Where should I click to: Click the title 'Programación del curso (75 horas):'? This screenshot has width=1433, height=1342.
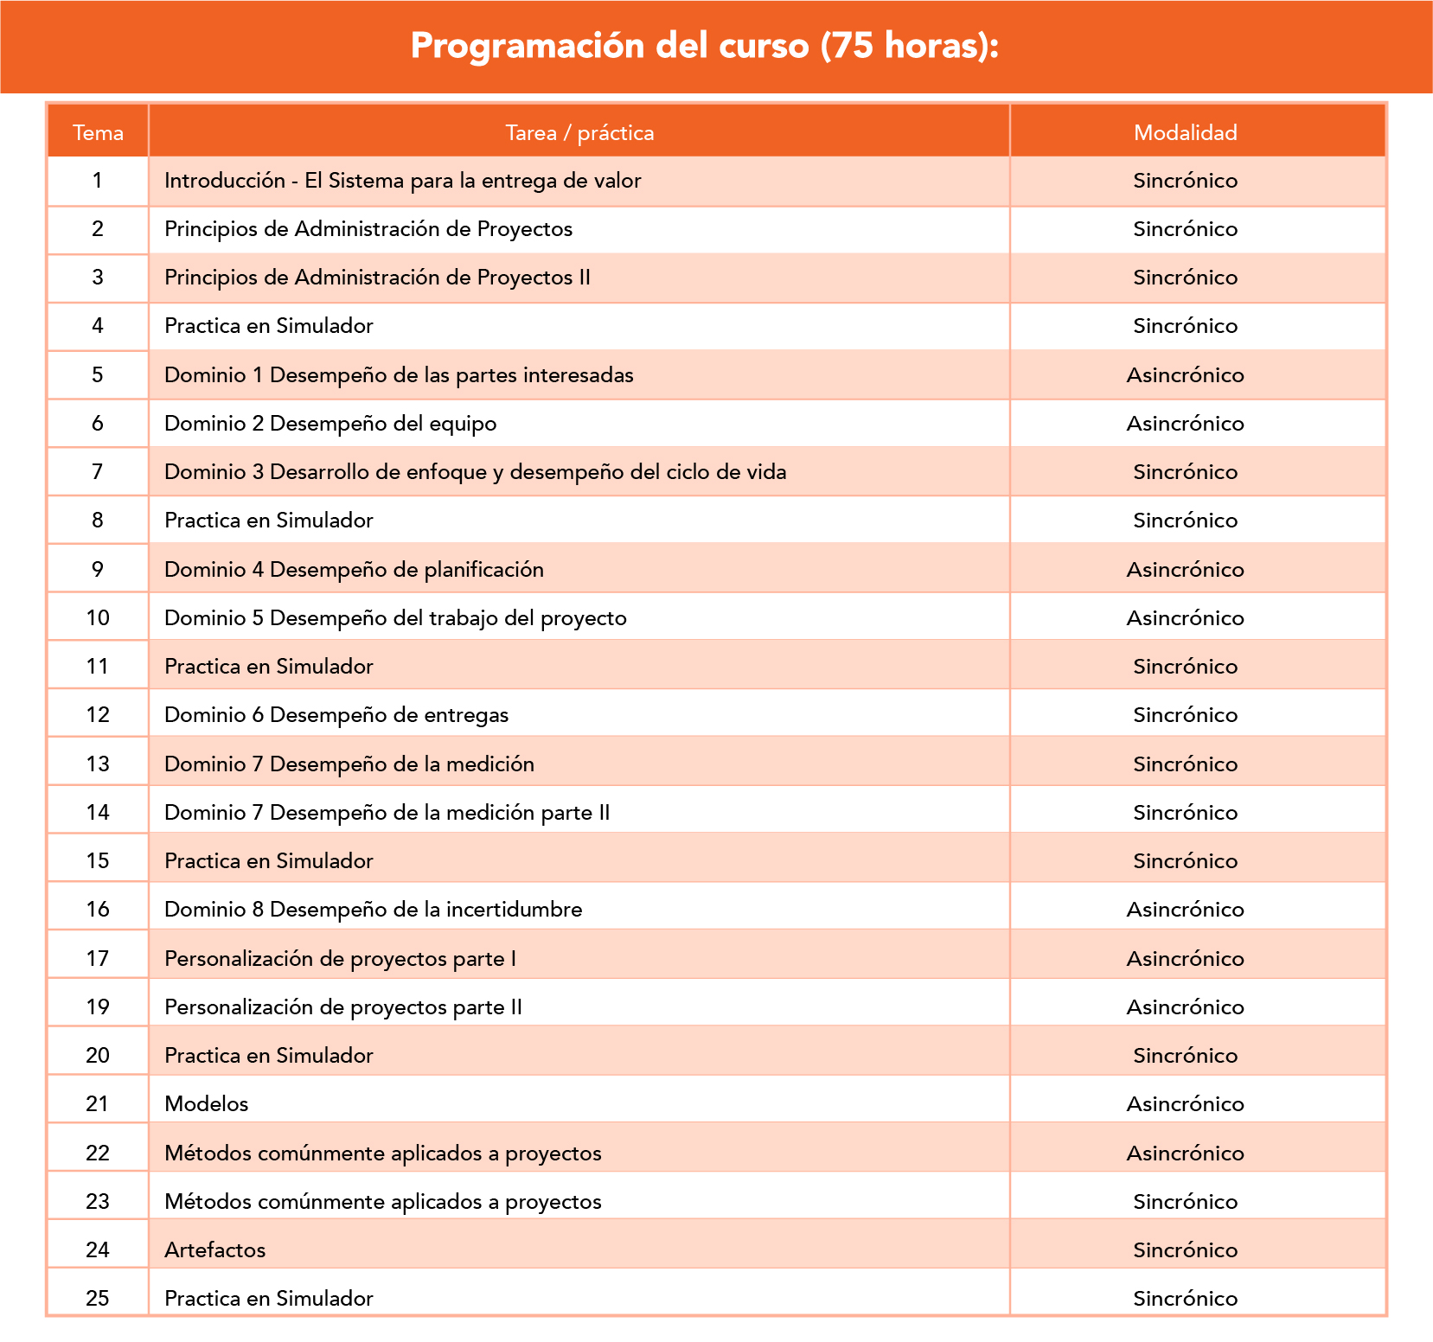click(x=704, y=46)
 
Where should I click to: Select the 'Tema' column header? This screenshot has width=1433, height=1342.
click(x=98, y=132)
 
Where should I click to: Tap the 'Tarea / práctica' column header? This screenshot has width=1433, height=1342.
click(x=579, y=132)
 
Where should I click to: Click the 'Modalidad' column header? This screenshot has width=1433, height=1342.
click(x=1185, y=132)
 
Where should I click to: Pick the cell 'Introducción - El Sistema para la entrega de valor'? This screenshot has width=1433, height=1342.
click(x=403, y=181)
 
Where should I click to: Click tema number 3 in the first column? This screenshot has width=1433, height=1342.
click(x=98, y=278)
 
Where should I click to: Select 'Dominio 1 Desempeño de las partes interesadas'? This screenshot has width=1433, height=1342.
click(x=399, y=375)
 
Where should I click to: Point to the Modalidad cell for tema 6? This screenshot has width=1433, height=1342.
click(x=1185, y=424)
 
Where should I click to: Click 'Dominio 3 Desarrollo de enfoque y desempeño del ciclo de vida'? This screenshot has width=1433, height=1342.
click(x=475, y=472)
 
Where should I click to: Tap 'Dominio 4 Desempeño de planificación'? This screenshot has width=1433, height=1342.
click(x=354, y=570)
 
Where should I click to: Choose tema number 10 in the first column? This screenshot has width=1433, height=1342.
click(x=98, y=618)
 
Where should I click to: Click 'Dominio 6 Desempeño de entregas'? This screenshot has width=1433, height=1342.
click(x=336, y=715)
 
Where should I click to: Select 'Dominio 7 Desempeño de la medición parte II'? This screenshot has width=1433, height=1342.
click(x=387, y=813)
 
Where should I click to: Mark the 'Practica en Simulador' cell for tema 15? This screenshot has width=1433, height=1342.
click(x=269, y=861)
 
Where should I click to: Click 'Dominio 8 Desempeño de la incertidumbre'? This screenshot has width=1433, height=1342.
click(x=373, y=910)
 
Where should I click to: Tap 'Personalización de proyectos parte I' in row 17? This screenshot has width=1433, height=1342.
click(x=340, y=959)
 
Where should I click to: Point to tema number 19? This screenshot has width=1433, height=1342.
click(x=98, y=1007)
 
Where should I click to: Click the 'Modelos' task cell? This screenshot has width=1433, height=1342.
click(x=207, y=1104)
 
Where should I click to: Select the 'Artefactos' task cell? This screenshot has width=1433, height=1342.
click(x=215, y=1250)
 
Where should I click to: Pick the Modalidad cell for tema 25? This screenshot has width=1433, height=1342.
click(x=1185, y=1299)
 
